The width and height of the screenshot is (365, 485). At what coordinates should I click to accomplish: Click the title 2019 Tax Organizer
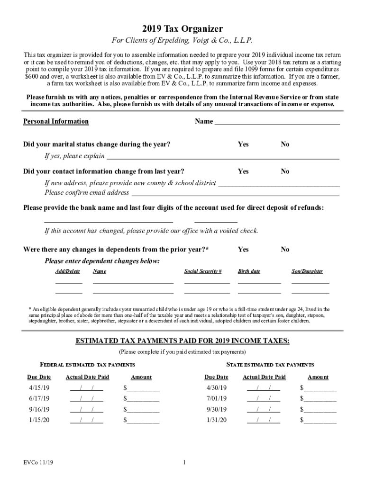pos(182,29)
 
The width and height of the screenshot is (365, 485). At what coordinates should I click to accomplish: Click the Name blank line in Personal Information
pos(277,122)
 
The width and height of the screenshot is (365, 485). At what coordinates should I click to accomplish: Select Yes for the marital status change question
pos(243,144)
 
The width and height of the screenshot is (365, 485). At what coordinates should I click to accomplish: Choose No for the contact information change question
pos(284,171)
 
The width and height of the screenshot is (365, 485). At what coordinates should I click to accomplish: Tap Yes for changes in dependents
pos(243,250)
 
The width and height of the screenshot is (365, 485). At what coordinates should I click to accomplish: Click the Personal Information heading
pos(56,121)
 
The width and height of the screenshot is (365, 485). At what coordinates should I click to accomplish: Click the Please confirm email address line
pos(235,193)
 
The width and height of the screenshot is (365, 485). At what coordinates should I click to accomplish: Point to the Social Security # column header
pos(202,271)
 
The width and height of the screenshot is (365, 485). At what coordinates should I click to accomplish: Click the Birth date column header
pos(249,271)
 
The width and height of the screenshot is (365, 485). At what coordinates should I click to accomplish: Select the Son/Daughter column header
pos(307,271)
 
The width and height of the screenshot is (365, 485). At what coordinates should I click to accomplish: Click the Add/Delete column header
pos(68,271)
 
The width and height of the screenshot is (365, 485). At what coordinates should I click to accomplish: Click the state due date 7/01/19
pos(217,399)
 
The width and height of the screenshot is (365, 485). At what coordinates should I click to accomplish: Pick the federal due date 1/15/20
pos(39,420)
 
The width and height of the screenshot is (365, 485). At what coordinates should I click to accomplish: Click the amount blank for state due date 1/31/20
pos(319,420)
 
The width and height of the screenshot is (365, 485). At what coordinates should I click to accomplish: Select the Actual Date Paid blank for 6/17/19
pos(86,399)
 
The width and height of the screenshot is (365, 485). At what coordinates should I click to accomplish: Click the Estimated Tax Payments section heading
pos(182,341)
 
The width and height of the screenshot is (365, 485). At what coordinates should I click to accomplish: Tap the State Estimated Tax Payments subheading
pos(270,365)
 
